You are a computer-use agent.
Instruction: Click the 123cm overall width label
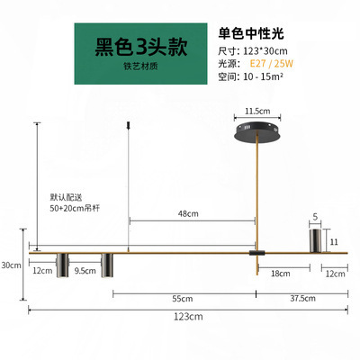tap(188, 317)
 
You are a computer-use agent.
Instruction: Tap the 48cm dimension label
tap(188, 213)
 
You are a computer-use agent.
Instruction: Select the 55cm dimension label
tap(183, 299)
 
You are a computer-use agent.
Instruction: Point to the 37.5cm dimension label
tap(302, 299)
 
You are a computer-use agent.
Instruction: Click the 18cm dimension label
tap(281, 274)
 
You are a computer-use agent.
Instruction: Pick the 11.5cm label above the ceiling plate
tap(257, 112)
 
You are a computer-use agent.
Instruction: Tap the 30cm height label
tap(11, 265)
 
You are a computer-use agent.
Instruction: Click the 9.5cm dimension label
tap(85, 271)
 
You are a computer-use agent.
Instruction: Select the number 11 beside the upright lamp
tap(334, 242)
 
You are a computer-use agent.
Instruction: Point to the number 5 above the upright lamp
tap(315, 217)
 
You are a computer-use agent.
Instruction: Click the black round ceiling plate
tap(257, 132)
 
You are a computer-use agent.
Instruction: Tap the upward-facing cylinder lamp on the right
tap(315, 240)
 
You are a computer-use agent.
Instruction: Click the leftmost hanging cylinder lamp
tap(62, 265)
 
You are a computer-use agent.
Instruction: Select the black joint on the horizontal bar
tap(257, 253)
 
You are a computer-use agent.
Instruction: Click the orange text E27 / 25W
tap(272, 64)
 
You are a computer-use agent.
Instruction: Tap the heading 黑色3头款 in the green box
tap(141, 47)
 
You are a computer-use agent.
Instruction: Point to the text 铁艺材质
tap(140, 67)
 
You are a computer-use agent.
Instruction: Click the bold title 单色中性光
tap(251, 33)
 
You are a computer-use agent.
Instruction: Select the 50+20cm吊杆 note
tap(75, 208)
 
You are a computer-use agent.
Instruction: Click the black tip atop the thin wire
tap(129, 125)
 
